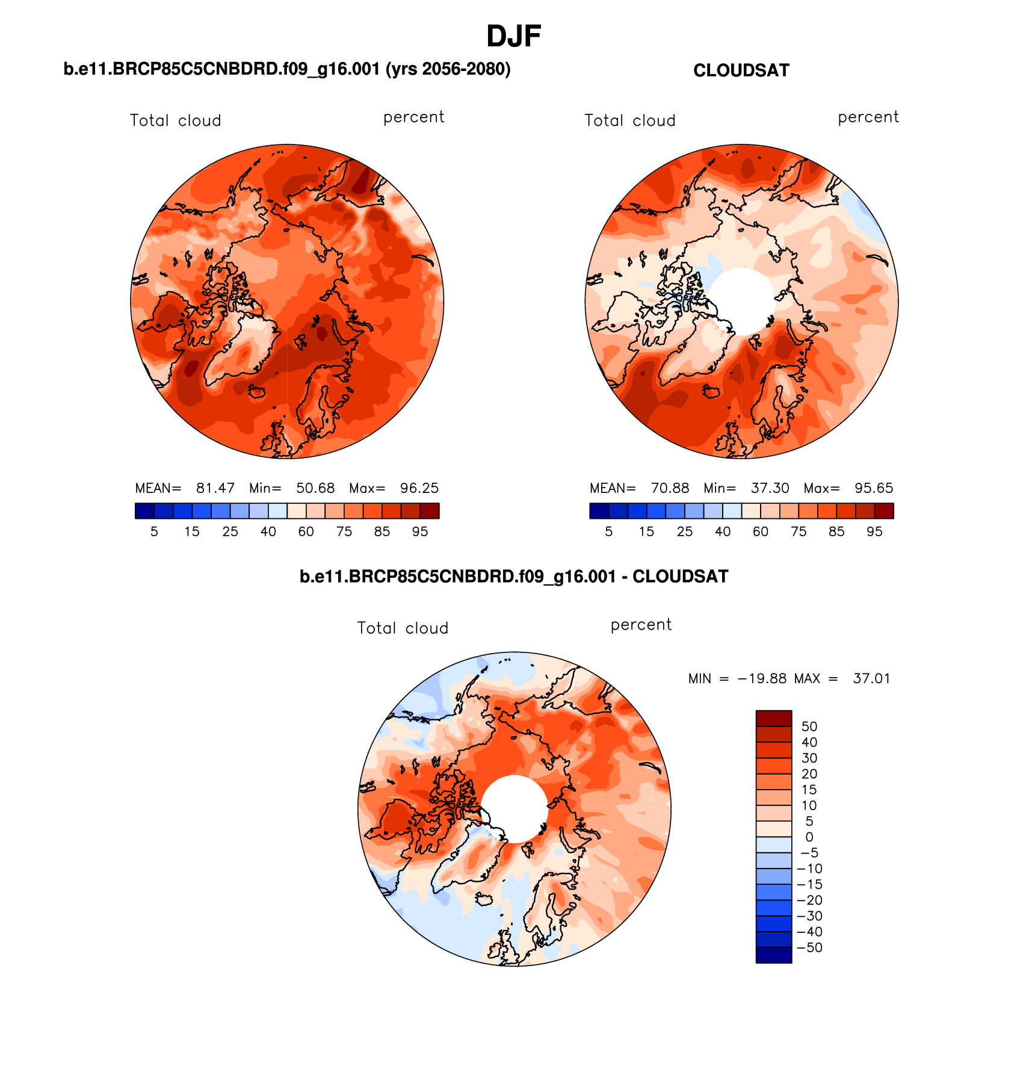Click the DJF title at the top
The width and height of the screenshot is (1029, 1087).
(x=513, y=36)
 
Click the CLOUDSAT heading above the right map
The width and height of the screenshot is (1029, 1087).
(x=741, y=70)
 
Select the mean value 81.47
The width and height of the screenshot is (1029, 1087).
(x=215, y=488)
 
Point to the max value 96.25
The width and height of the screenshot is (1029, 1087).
(x=419, y=488)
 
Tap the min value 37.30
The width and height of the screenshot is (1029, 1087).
(x=770, y=488)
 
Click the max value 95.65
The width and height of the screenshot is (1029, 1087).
(x=874, y=488)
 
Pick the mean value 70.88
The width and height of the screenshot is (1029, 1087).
(x=670, y=488)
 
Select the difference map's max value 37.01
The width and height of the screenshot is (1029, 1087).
(x=871, y=678)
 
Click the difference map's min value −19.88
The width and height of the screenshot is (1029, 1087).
(x=762, y=678)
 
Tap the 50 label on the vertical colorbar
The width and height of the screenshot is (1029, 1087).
(x=809, y=726)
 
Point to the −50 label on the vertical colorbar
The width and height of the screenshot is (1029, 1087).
(x=809, y=947)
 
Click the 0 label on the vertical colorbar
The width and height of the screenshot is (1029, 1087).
(x=809, y=837)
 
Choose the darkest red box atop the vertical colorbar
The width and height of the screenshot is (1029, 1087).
(x=774, y=718)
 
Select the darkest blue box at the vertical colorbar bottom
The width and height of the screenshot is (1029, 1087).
(x=774, y=955)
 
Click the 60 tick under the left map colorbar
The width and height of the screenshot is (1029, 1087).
(x=306, y=531)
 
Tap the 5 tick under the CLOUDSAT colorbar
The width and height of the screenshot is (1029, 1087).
(x=609, y=531)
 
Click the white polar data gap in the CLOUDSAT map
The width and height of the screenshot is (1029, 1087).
(x=742, y=300)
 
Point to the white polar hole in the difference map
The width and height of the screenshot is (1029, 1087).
(x=514, y=808)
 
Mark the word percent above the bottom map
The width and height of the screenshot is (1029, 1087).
(x=641, y=625)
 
